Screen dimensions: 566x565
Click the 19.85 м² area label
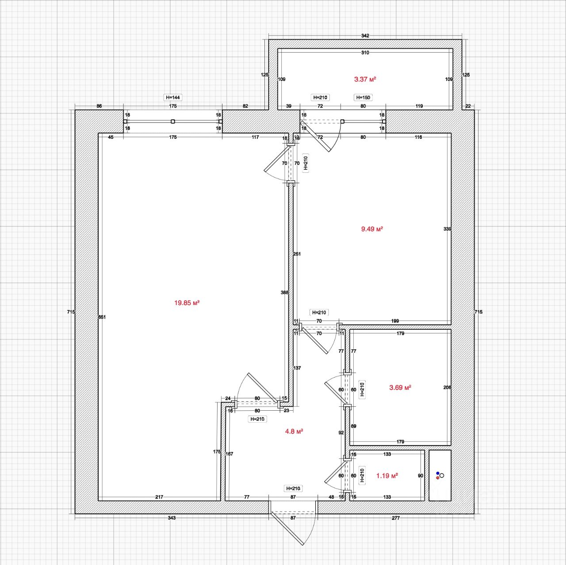click(187, 303)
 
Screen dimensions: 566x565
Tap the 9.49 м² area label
click(372, 229)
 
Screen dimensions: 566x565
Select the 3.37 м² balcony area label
click(365, 79)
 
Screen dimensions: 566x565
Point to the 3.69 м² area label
click(400, 387)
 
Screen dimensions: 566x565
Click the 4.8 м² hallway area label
click(294, 431)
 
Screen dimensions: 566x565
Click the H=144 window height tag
click(173, 97)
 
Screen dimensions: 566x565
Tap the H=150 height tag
click(363, 97)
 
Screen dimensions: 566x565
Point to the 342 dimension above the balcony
click(365, 36)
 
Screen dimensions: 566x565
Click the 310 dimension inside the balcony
click(365, 53)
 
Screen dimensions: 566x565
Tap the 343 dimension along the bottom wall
click(172, 518)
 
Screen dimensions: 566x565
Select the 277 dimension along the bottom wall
click(396, 518)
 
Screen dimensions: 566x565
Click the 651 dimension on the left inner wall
click(102, 317)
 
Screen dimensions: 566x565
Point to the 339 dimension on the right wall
click(447, 229)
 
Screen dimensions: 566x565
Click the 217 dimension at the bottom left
click(159, 497)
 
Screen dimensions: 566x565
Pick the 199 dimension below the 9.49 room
click(395, 321)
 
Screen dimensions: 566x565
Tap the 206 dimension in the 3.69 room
click(447, 387)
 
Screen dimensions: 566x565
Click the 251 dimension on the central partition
click(297, 254)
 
